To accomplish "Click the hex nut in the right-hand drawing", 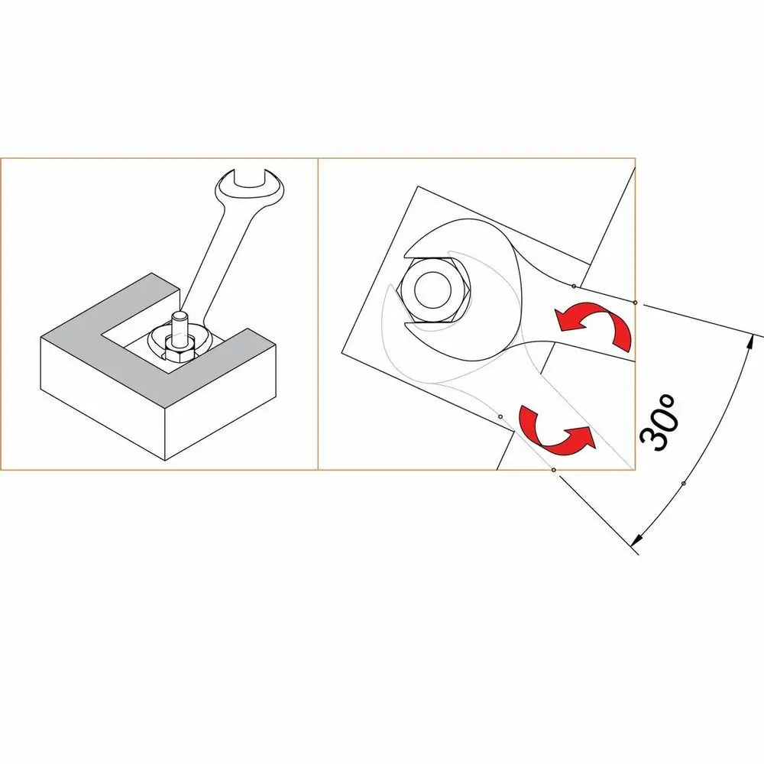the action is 433,290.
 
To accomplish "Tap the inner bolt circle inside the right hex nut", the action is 433,290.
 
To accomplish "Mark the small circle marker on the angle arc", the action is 684,484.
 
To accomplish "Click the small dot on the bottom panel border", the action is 553,470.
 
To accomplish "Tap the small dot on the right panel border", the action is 635,303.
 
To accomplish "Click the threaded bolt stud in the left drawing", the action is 180,329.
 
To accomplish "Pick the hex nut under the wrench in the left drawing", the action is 180,351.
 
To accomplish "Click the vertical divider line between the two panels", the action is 318,314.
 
